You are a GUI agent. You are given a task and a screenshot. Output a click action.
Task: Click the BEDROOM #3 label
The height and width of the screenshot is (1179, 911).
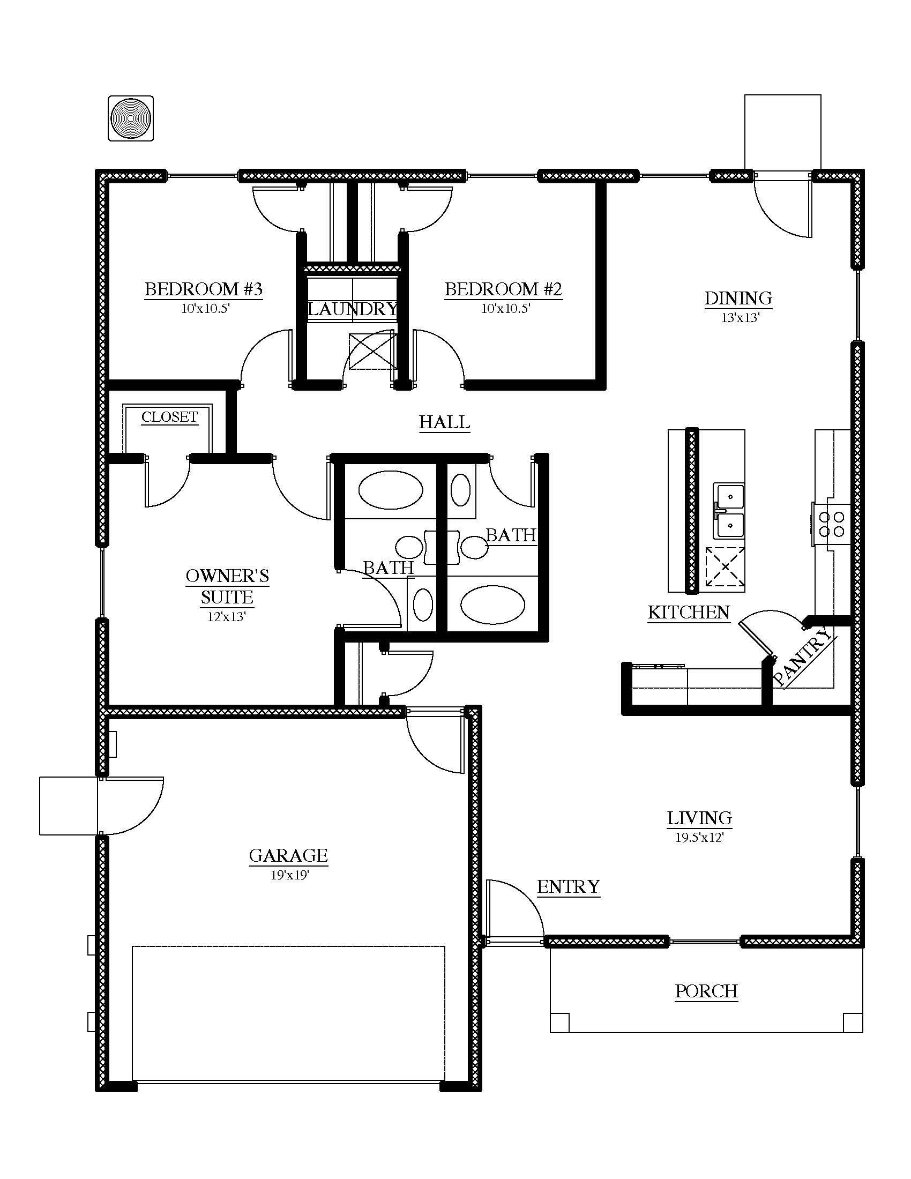pos(204,289)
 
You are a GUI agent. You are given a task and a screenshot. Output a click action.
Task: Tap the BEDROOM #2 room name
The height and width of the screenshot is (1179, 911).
pos(504,289)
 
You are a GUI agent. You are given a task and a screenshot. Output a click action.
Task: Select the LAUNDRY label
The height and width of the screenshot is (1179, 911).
pos(353,309)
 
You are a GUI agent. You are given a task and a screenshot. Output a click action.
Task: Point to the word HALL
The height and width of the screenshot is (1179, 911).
pos(444,422)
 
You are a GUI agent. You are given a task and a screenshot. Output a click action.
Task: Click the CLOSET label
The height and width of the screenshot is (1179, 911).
pos(169,417)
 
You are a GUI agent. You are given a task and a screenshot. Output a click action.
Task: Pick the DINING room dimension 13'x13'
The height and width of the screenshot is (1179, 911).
pos(741,318)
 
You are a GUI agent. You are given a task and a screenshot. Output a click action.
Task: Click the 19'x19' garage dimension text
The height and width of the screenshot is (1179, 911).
pos(289,875)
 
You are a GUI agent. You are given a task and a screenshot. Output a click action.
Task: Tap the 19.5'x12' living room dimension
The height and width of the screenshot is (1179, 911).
pos(699,838)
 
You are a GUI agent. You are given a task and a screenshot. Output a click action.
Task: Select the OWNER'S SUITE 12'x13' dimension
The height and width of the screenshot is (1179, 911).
pos(227,616)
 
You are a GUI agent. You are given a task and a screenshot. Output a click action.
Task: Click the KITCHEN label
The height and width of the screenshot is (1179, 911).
pos(689,612)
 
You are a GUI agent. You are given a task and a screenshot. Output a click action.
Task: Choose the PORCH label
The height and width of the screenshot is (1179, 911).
pos(706,991)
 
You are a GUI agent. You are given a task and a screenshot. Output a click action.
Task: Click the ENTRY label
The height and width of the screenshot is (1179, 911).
pos(568,887)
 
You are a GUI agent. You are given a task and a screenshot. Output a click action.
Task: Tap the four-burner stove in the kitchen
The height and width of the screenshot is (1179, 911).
pos(831,524)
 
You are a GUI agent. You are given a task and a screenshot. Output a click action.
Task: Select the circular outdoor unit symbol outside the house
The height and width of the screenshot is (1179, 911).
pos(131,118)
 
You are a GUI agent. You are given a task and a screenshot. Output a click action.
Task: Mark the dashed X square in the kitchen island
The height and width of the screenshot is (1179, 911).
pos(725,567)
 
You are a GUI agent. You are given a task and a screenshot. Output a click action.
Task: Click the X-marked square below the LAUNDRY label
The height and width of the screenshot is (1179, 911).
pos(372,352)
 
